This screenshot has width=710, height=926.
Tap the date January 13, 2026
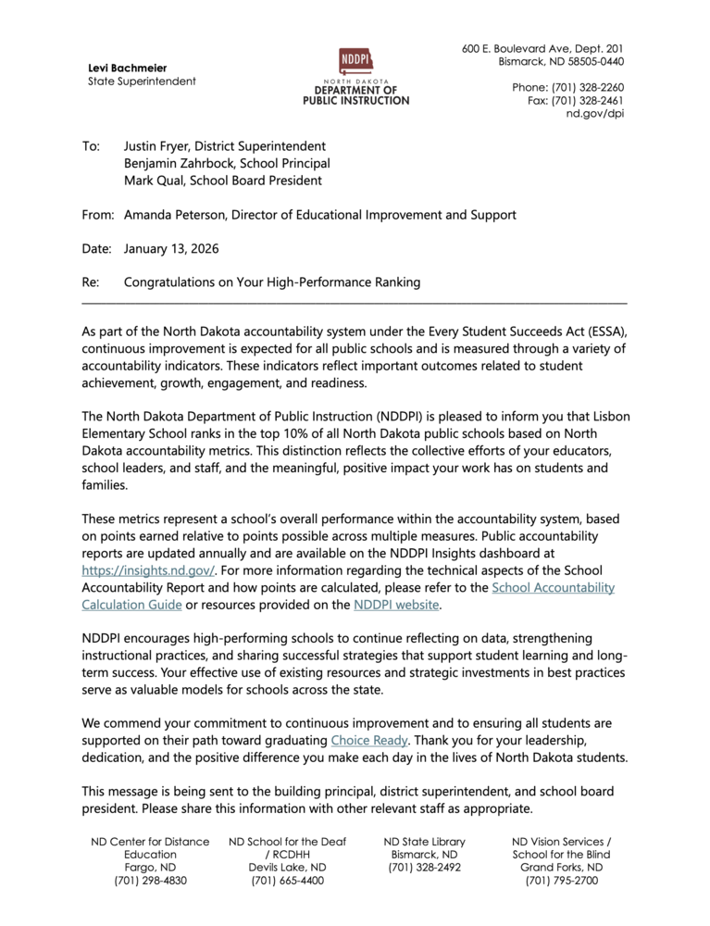point(171,248)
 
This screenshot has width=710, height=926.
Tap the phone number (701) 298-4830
point(150,881)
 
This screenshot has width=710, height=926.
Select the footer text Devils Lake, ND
point(287,868)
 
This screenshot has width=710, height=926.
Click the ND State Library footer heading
point(424,842)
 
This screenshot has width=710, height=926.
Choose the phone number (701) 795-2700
point(561,881)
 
